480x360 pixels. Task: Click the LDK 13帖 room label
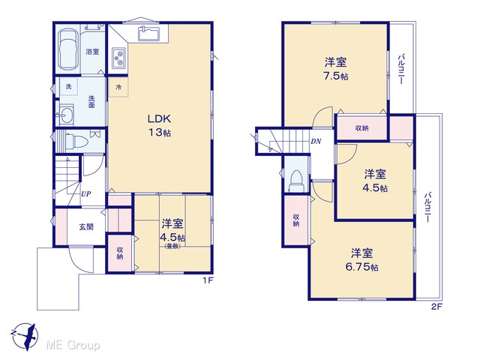(159, 125)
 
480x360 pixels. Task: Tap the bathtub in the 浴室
(67, 49)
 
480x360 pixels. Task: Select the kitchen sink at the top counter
(148, 33)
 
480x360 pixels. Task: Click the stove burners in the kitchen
(118, 58)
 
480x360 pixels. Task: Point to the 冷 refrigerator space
(118, 87)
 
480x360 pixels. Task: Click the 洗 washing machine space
(69, 87)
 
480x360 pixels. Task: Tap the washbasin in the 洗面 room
(66, 114)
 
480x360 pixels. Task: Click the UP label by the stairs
(86, 193)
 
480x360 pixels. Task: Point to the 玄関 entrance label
(86, 227)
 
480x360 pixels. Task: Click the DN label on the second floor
(316, 142)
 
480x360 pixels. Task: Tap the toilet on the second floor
(295, 181)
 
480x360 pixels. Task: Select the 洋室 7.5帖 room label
(336, 69)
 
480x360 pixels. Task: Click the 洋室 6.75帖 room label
(361, 260)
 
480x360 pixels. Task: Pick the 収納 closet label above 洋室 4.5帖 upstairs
(361, 128)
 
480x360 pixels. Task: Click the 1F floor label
(208, 280)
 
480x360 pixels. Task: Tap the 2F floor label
(436, 307)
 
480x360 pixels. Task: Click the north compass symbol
(25, 336)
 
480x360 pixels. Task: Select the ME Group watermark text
(73, 346)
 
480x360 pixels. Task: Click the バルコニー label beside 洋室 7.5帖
(402, 69)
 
